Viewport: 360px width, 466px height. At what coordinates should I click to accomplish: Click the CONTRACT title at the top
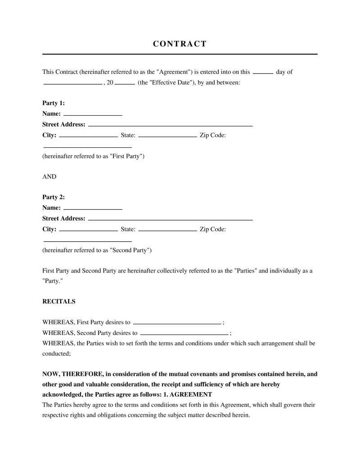180,44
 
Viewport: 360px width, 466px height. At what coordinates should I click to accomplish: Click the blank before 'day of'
263,72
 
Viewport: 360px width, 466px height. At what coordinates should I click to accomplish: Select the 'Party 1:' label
54,103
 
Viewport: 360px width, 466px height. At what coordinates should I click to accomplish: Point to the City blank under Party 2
88,230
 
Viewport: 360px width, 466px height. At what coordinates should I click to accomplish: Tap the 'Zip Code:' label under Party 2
212,229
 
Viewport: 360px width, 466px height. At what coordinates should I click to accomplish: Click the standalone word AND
49,176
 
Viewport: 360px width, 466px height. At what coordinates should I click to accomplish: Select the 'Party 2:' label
54,197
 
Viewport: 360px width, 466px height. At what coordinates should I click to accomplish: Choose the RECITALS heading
59,302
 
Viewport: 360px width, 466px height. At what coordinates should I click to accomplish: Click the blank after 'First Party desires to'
177,323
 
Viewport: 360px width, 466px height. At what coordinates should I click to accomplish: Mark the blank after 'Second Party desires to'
184,334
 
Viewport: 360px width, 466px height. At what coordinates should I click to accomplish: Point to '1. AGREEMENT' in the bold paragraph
188,394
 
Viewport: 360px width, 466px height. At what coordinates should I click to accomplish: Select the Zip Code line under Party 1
87,147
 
